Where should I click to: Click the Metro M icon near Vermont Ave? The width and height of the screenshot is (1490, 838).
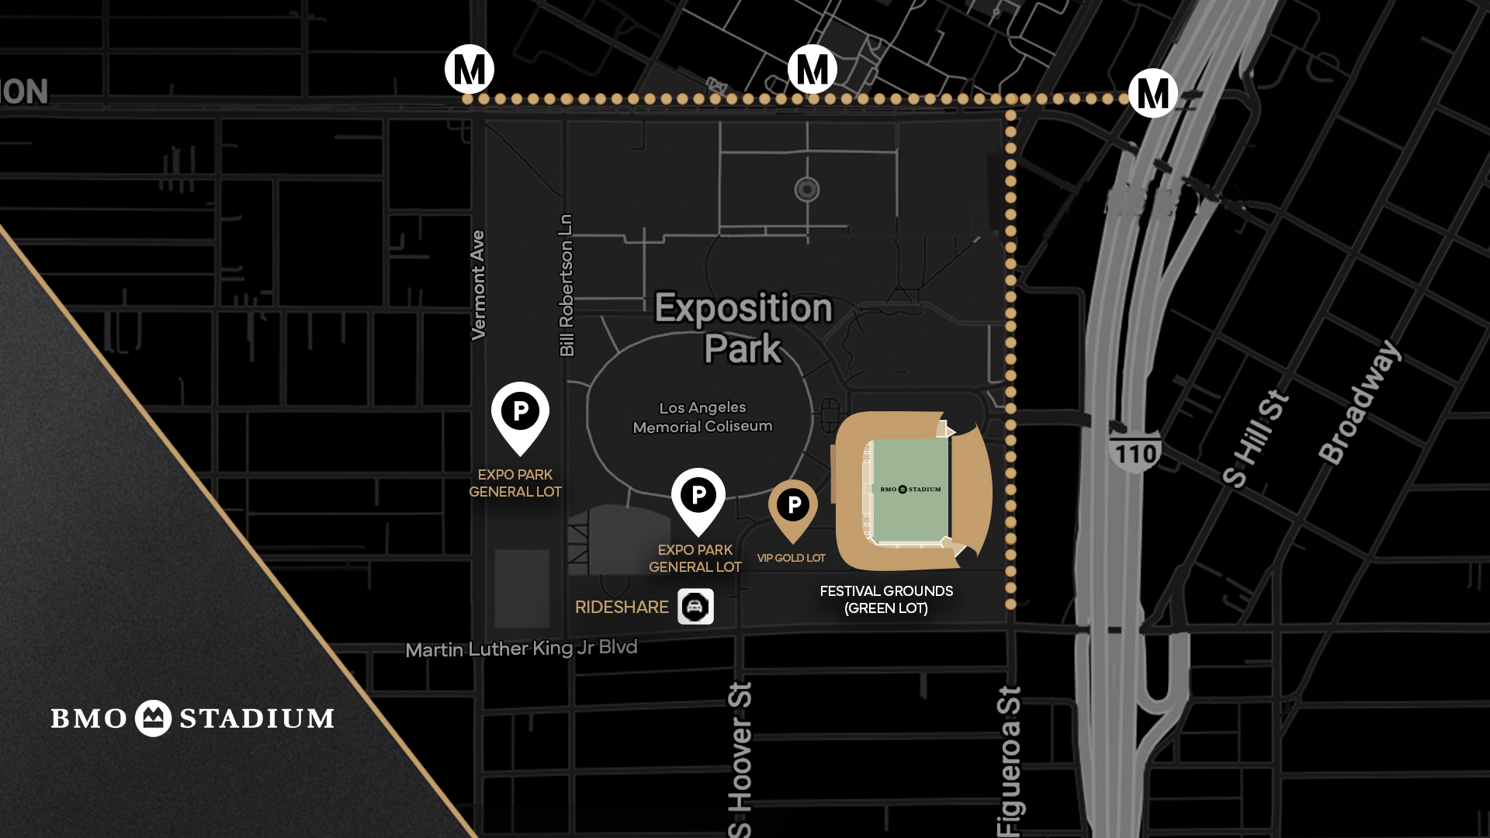470,69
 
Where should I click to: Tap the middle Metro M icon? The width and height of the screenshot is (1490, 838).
812,69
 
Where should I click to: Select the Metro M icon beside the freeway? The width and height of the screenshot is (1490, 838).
1152,93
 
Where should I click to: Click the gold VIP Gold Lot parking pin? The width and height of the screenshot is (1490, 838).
793,507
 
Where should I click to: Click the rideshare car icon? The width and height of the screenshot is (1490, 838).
695,606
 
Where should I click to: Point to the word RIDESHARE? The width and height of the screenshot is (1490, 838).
622,607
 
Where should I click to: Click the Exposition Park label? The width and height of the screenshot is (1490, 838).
743,327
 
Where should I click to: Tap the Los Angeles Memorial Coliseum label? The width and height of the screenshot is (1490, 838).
702,417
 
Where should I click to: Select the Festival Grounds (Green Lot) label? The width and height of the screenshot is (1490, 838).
886,599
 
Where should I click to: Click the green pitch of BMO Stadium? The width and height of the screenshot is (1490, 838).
910,490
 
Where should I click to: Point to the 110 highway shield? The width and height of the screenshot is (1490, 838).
1135,451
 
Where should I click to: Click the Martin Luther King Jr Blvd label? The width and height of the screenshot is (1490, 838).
521,648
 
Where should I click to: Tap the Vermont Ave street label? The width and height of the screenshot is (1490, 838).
478,285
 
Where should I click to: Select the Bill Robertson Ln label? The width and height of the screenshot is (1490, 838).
567,285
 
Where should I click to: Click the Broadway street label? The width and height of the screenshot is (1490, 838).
1360,402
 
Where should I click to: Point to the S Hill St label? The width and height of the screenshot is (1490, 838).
1255,439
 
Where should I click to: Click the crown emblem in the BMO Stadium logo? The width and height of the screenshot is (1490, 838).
153,719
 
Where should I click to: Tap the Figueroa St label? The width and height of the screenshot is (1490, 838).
1009,760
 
